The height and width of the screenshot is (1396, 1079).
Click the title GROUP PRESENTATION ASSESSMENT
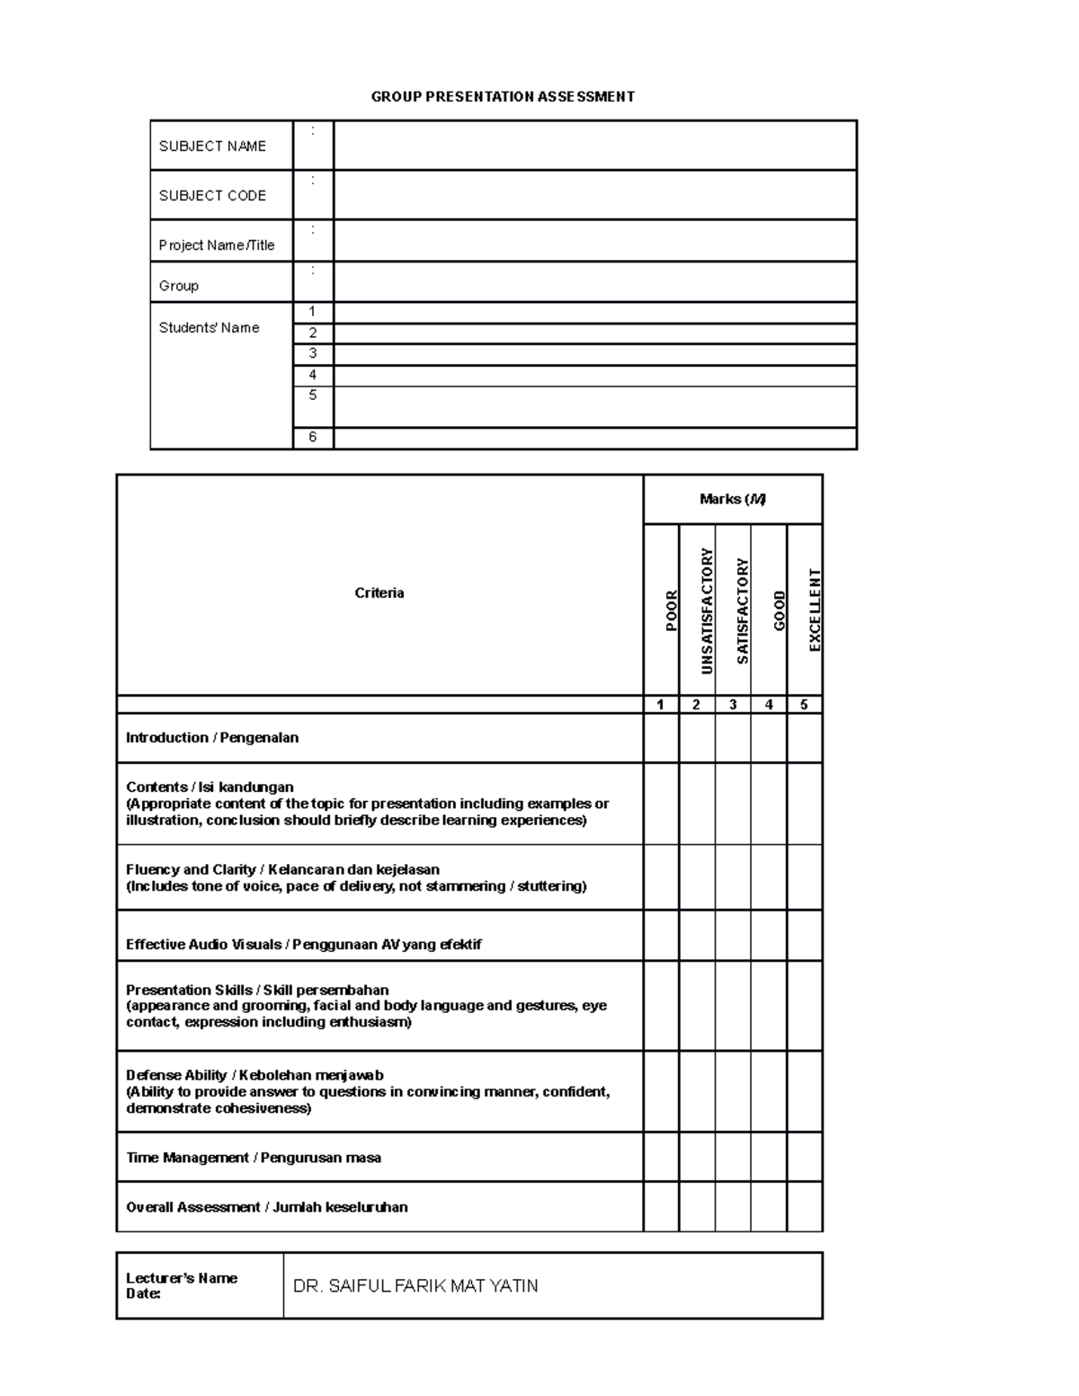[503, 96]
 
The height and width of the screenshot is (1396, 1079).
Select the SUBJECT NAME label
[212, 146]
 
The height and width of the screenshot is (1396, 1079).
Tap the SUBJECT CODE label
[212, 195]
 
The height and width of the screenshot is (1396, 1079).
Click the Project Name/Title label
[217, 245]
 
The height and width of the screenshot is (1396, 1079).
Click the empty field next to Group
[594, 282]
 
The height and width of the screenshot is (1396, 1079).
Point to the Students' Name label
[209, 327]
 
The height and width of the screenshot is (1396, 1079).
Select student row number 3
[313, 354]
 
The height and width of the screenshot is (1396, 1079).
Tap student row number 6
[313, 438]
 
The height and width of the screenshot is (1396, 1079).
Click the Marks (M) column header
[732, 499]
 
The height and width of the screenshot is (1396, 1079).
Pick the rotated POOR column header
[671, 610]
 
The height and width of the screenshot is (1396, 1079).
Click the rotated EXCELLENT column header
[815, 610]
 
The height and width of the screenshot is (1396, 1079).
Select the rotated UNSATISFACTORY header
[707, 610]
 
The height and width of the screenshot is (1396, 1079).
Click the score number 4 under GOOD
[769, 705]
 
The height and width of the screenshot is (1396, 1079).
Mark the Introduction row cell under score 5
[805, 738]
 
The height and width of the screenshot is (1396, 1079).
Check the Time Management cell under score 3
[733, 1157]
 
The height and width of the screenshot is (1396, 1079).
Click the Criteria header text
[379, 592]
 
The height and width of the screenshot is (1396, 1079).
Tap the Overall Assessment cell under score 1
[661, 1206]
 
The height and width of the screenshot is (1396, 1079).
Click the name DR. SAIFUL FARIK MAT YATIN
[415, 1285]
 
